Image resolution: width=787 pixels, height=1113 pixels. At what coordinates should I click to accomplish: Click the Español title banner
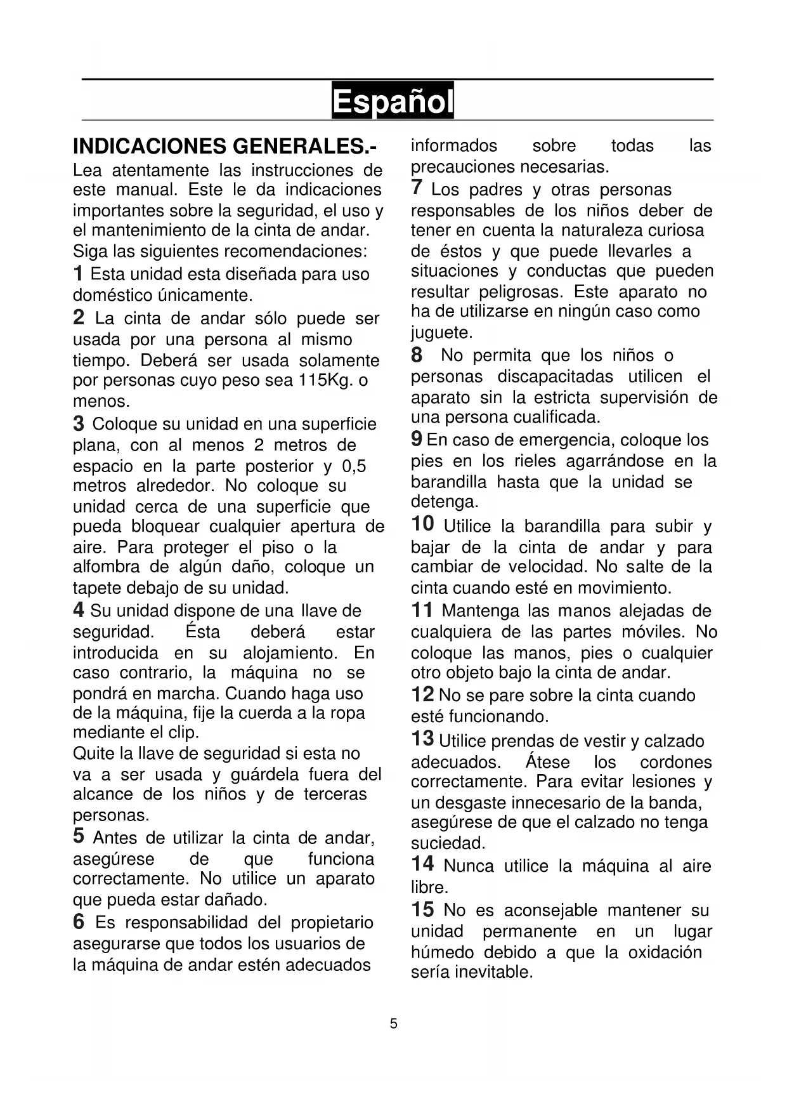tap(393, 101)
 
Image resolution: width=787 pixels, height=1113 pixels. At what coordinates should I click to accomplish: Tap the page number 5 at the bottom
tap(394, 1024)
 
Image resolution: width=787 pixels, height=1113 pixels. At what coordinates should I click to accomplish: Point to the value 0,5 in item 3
tap(354, 466)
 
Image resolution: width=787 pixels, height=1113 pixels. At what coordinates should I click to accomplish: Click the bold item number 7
tap(417, 188)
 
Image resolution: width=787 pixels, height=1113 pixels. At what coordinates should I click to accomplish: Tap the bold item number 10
tap(422, 524)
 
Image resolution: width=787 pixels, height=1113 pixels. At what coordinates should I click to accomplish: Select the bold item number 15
tap(422, 909)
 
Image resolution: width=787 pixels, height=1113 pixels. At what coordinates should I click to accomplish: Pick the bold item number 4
tap(79, 610)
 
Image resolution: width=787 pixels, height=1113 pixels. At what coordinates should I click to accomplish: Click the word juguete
tap(441, 333)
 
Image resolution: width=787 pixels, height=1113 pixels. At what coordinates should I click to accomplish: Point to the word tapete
tap(100, 588)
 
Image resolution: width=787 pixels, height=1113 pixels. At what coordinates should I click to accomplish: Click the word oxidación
tap(665, 952)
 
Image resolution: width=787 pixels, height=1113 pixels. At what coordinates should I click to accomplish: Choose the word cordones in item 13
tap(675, 761)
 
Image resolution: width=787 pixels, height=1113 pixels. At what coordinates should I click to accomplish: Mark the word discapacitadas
tap(555, 376)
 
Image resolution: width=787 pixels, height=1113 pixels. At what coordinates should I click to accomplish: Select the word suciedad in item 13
tap(447, 843)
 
